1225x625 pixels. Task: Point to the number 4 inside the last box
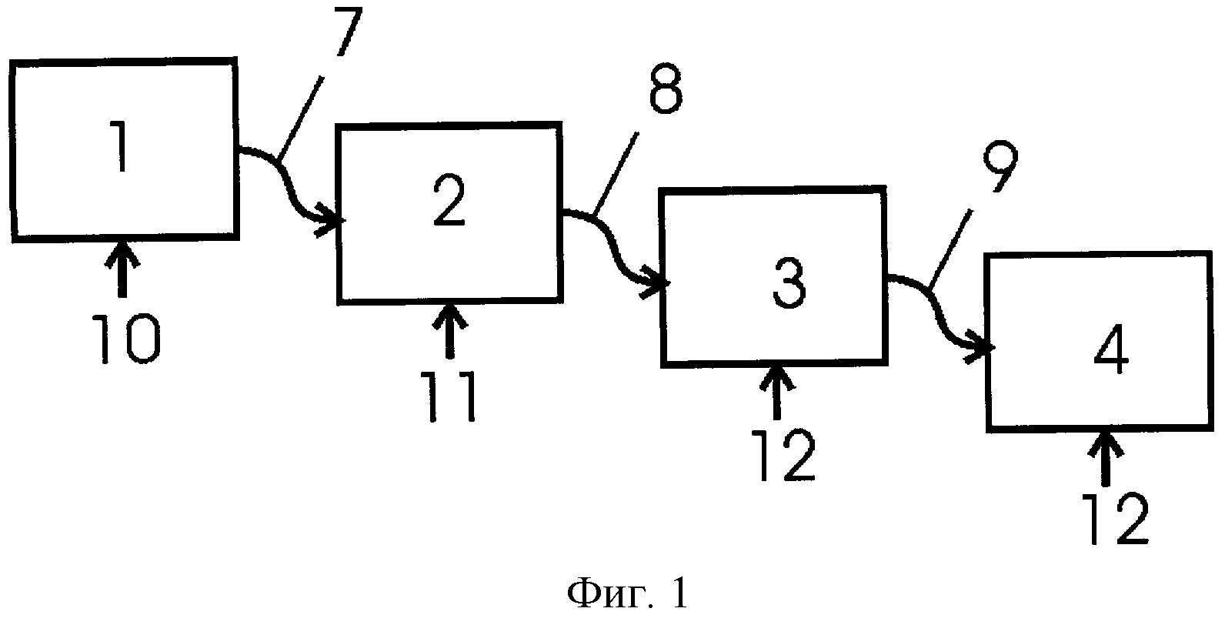(x=1110, y=351)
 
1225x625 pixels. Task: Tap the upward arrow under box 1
(x=122, y=269)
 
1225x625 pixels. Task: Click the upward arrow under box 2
(x=450, y=331)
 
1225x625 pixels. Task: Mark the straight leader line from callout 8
(x=615, y=173)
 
